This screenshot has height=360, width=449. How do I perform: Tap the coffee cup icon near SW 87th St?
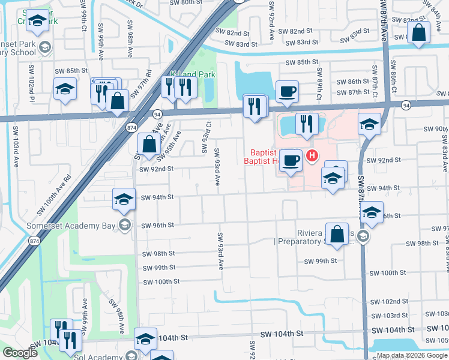click(287, 92)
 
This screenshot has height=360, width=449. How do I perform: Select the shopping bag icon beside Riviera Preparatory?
click(338, 235)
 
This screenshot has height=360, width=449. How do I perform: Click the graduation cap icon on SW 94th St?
click(124, 199)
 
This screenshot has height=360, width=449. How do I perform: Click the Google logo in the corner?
click(20, 353)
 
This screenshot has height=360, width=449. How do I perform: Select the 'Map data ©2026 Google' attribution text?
click(412, 355)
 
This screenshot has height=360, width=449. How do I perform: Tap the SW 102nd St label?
click(389, 301)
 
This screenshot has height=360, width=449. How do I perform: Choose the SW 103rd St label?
click(389, 316)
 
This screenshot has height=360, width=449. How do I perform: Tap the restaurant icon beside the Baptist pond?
click(307, 124)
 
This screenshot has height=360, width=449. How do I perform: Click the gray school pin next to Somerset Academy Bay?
click(124, 226)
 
